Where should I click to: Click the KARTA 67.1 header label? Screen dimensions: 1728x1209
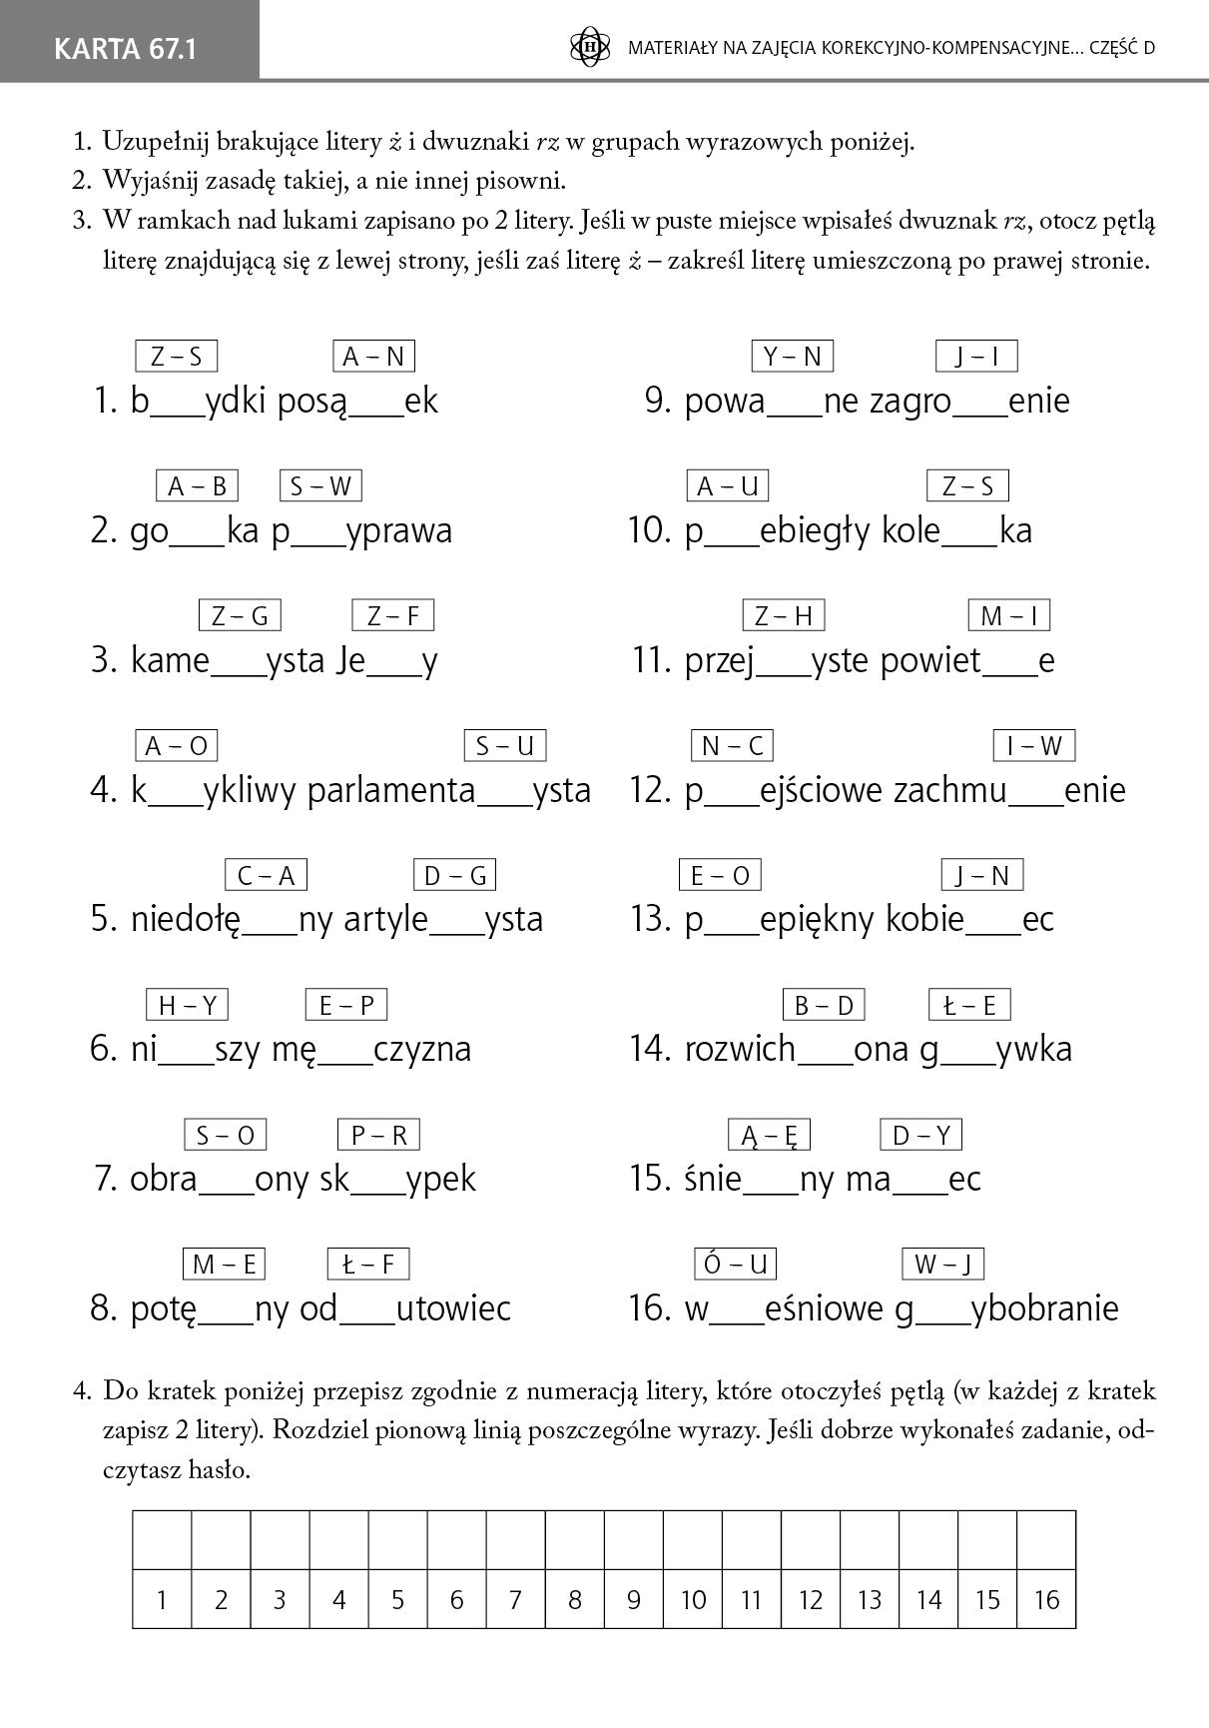pos(126,48)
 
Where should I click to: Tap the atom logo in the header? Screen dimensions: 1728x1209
pos(589,47)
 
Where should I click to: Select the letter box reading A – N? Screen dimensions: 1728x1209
pos(373,357)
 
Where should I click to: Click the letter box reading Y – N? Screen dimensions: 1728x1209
pos(792,357)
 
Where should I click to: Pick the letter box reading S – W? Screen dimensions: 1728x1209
pos(320,486)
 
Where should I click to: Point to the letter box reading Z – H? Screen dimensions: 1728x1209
pos(784,615)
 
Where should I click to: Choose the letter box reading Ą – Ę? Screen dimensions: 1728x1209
pos(769,1135)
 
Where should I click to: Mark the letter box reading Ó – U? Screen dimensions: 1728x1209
pos(736,1265)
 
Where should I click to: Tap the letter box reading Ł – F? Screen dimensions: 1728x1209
pos(368,1265)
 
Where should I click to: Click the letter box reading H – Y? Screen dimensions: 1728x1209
pos(187,1005)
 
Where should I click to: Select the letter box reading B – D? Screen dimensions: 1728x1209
pos(824,1005)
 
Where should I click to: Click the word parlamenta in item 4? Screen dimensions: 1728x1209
pos(391,790)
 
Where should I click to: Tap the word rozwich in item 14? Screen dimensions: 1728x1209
pos(740,1049)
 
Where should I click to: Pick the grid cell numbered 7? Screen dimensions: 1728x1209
pos(515,1600)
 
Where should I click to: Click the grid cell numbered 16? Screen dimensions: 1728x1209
pos(1046,1600)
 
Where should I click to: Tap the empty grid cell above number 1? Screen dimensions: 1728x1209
pos(162,1540)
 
